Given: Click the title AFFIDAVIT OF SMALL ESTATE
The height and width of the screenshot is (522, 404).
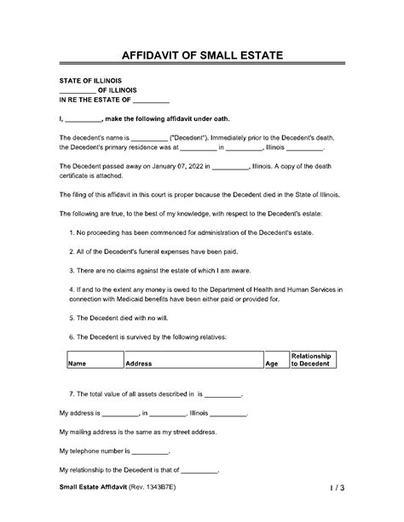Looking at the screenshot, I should tap(201, 55).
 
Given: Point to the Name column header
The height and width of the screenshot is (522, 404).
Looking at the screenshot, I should tap(78, 363).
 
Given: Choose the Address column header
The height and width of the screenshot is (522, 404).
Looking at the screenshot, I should tap(139, 363).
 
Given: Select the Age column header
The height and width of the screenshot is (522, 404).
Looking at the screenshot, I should tap(272, 363).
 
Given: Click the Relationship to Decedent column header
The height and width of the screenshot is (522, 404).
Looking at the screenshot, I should tap(311, 359).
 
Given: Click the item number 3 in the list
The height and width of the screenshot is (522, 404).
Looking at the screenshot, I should tap(70, 269).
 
